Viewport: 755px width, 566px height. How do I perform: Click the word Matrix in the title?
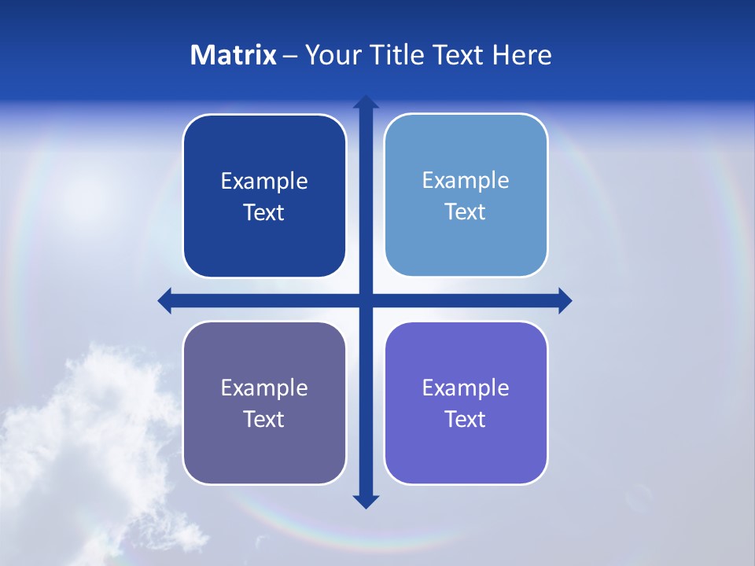[x=234, y=55]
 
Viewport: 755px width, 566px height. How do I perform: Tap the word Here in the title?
[x=521, y=55]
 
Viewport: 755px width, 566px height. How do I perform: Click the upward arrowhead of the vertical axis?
[x=366, y=102]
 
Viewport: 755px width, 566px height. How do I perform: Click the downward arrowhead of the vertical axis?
[x=366, y=501]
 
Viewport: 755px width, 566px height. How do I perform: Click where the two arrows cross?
[x=366, y=300]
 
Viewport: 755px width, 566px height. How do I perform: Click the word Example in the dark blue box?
[x=264, y=182]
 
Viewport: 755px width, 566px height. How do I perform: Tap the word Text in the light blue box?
[x=466, y=212]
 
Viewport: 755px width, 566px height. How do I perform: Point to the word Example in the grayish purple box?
[x=264, y=388]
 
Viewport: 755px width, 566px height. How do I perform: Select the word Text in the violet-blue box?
[x=466, y=420]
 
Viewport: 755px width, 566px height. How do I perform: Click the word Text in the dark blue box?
[x=264, y=213]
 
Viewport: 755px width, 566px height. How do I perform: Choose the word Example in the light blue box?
[x=466, y=181]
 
